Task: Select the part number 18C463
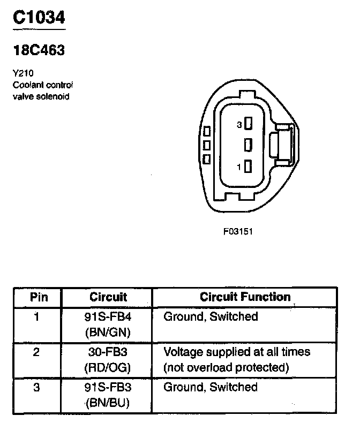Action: pyautogui.click(x=39, y=50)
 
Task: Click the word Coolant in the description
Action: pyautogui.click(x=28, y=85)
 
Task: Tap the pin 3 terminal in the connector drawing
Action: pyautogui.click(x=247, y=125)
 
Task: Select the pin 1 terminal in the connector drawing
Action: pyautogui.click(x=247, y=167)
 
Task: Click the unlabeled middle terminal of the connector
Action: pyautogui.click(x=247, y=145)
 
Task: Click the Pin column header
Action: pyautogui.click(x=36, y=297)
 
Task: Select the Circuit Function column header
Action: pyautogui.click(x=245, y=297)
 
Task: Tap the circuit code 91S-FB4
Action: pyautogui.click(x=108, y=317)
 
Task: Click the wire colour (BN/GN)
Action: pyautogui.click(x=108, y=332)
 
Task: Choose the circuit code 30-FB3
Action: pyautogui.click(x=108, y=352)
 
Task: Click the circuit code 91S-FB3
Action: pyautogui.click(x=108, y=387)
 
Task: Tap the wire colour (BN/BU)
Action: pyautogui.click(x=108, y=403)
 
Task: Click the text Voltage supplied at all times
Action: pyautogui.click(x=236, y=352)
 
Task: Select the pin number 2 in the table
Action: pyautogui.click(x=36, y=353)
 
